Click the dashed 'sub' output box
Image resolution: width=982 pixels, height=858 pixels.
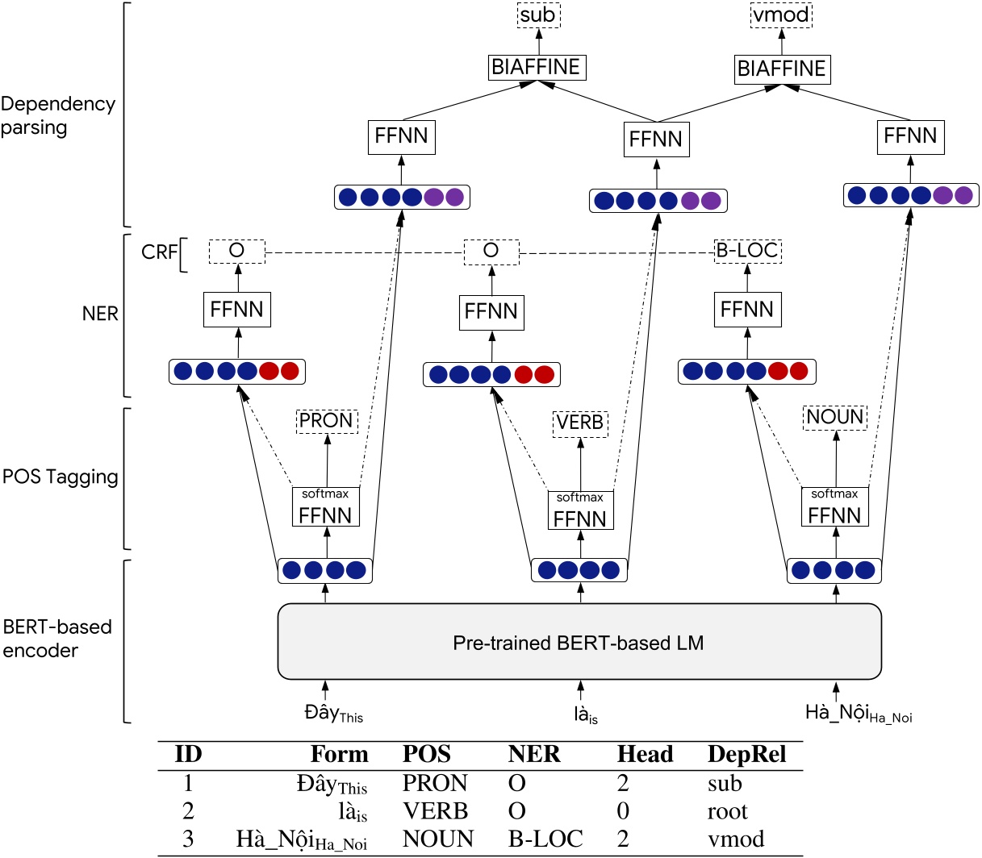pos(537,15)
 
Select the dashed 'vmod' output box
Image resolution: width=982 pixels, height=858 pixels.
pos(781,15)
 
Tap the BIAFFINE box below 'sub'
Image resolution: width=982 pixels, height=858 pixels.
pos(537,67)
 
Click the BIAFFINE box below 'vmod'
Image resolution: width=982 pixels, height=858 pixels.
pos(782,69)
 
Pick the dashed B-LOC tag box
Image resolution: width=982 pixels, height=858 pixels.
pos(747,251)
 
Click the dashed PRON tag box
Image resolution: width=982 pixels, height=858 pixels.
pos(327,420)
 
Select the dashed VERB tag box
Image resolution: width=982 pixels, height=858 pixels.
pos(580,423)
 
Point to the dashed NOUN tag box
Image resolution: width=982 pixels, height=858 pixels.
pos(835,417)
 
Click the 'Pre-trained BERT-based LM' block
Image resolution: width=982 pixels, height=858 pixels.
pos(579,643)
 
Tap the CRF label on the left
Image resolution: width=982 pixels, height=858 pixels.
pos(159,252)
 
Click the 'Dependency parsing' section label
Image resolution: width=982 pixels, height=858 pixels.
pos(58,115)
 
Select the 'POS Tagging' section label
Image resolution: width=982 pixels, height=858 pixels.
pos(61,477)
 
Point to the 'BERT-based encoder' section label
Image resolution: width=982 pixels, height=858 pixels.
pos(56,638)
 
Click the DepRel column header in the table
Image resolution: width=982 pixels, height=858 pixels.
pos(746,755)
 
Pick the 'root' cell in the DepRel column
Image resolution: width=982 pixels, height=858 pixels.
pos(727,811)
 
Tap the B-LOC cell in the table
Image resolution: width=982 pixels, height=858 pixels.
pos(545,839)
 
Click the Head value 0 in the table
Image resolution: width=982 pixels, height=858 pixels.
pos(623,811)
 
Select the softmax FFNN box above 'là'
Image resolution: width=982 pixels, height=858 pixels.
pos(580,510)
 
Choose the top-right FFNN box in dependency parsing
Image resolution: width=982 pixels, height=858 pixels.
pos(910,136)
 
